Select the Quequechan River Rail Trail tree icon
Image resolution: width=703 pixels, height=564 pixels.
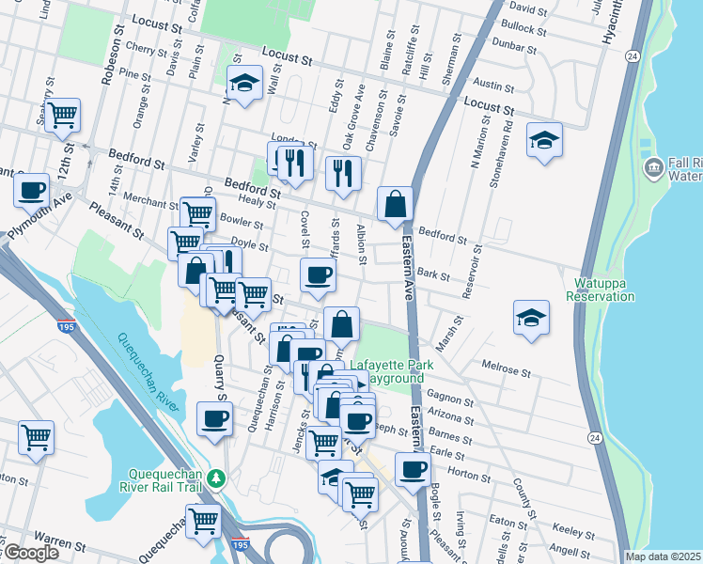click(x=218, y=478)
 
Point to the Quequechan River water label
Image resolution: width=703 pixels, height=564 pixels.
click(x=148, y=372)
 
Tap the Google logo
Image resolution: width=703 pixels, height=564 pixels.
click(x=30, y=553)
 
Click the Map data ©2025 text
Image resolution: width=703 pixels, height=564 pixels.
click(x=663, y=556)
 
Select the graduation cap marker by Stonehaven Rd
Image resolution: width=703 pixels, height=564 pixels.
click(x=544, y=141)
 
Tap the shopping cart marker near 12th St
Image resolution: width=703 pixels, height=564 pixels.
click(x=63, y=116)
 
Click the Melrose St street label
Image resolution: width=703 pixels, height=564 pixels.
click(x=507, y=363)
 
